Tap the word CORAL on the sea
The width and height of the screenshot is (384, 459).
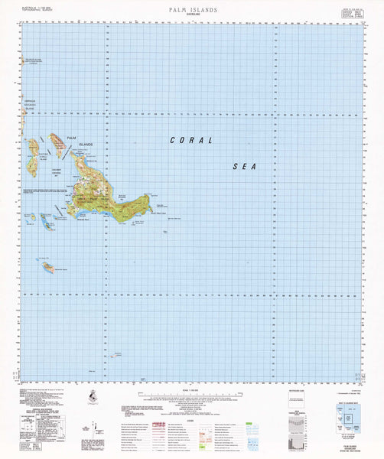(190, 141)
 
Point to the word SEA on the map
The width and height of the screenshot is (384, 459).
(244, 165)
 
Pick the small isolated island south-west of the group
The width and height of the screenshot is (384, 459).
(47, 266)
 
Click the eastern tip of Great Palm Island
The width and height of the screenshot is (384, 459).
(148, 198)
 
